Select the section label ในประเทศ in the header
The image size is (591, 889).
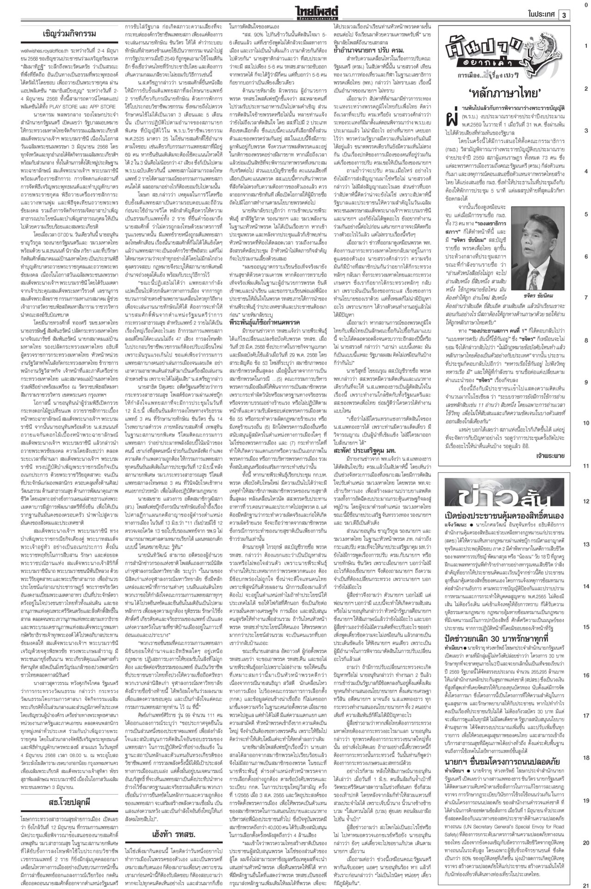click(x=541, y=15)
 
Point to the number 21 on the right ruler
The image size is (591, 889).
click(x=585, y=883)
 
